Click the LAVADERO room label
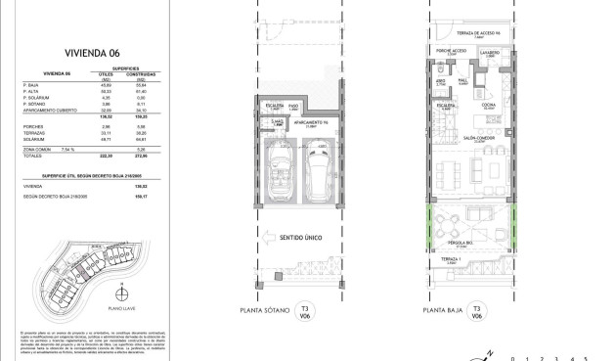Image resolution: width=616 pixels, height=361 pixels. point(491,54)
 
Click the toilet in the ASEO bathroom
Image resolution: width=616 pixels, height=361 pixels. point(441,74)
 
